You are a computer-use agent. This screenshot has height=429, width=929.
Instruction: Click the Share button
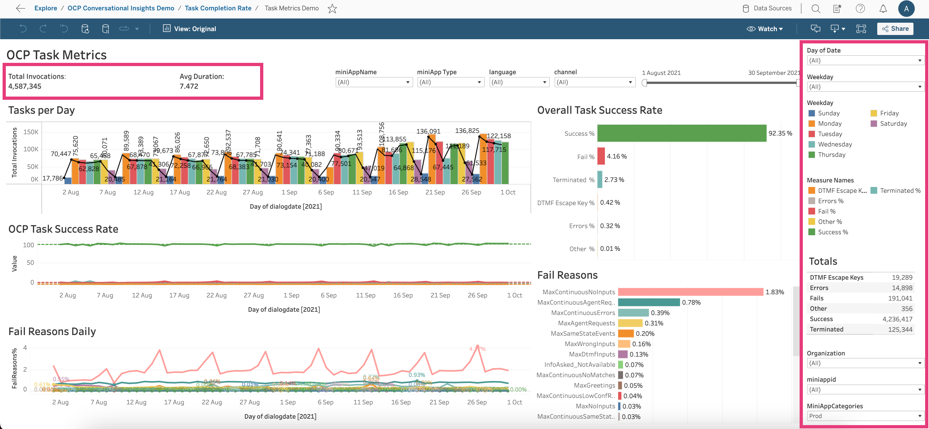[x=895, y=29]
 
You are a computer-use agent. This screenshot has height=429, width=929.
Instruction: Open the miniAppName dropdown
[x=374, y=82]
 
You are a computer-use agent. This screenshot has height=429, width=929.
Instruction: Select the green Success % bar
[x=682, y=133]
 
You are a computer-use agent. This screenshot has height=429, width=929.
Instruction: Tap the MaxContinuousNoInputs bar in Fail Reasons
[x=690, y=292]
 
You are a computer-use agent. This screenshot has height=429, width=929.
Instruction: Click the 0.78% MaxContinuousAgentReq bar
[x=649, y=302]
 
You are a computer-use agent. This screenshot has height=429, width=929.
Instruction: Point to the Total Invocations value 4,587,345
[x=25, y=86]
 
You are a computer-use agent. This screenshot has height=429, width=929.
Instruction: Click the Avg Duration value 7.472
[x=189, y=86]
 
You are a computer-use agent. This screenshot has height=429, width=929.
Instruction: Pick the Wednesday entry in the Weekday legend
[x=835, y=145]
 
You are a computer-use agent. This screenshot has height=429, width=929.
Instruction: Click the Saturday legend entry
[x=893, y=123]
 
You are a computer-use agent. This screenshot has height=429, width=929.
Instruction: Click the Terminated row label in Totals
[x=826, y=329]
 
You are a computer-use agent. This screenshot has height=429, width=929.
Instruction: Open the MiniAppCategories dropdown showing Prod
[x=865, y=416]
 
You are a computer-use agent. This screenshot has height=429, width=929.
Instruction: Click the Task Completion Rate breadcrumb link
[x=218, y=8]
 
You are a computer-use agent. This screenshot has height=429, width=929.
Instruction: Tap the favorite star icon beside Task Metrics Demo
[x=332, y=9]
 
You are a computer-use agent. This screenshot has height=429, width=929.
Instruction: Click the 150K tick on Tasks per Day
[x=31, y=132]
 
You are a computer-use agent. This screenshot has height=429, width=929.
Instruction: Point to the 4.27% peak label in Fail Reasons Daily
[x=477, y=349]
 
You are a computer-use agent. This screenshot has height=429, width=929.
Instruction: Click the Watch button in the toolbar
[x=765, y=29]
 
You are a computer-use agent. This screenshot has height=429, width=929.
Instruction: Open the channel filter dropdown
[x=594, y=82]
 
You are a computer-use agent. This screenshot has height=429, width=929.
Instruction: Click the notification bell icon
[x=883, y=9]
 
